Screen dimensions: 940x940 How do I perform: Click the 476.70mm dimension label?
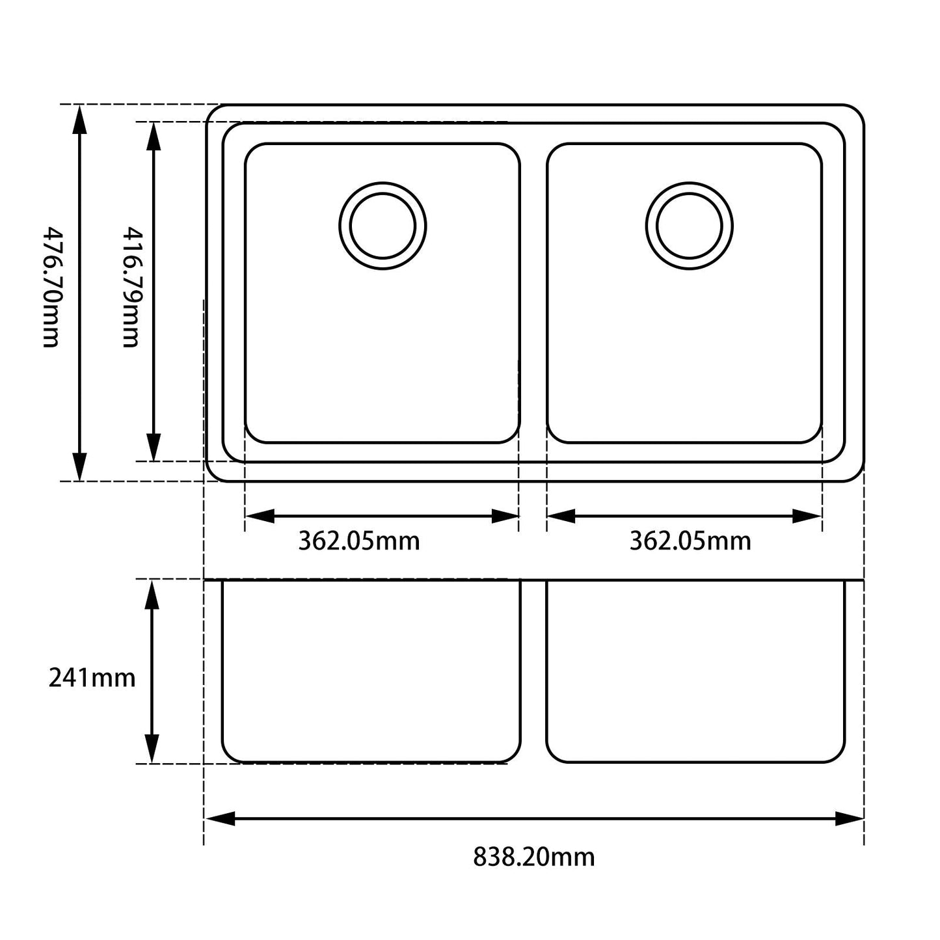pos(51,287)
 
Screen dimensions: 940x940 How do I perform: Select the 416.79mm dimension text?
pos(132,287)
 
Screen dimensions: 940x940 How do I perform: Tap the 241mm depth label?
pos(92,678)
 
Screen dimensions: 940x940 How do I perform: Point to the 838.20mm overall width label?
pos(533,857)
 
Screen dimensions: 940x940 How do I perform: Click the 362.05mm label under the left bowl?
pos(359,541)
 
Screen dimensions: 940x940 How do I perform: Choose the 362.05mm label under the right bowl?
pos(690,541)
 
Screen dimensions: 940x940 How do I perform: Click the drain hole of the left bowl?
pos(383,226)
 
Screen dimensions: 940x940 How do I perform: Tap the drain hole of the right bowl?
pos(690,226)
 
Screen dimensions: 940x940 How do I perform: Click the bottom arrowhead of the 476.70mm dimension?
pos(79,467)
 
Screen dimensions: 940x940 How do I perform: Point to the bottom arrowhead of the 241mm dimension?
pos(152,749)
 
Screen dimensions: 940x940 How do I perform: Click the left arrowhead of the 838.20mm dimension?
pos(220,818)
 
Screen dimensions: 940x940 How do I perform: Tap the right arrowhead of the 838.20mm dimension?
pos(849,818)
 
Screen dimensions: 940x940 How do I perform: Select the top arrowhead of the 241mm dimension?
pos(152,594)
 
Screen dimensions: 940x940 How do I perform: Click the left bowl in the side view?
pos(371,670)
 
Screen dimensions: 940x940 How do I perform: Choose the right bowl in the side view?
pos(695,670)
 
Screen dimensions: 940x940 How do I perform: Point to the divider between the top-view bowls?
pos(533,293)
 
